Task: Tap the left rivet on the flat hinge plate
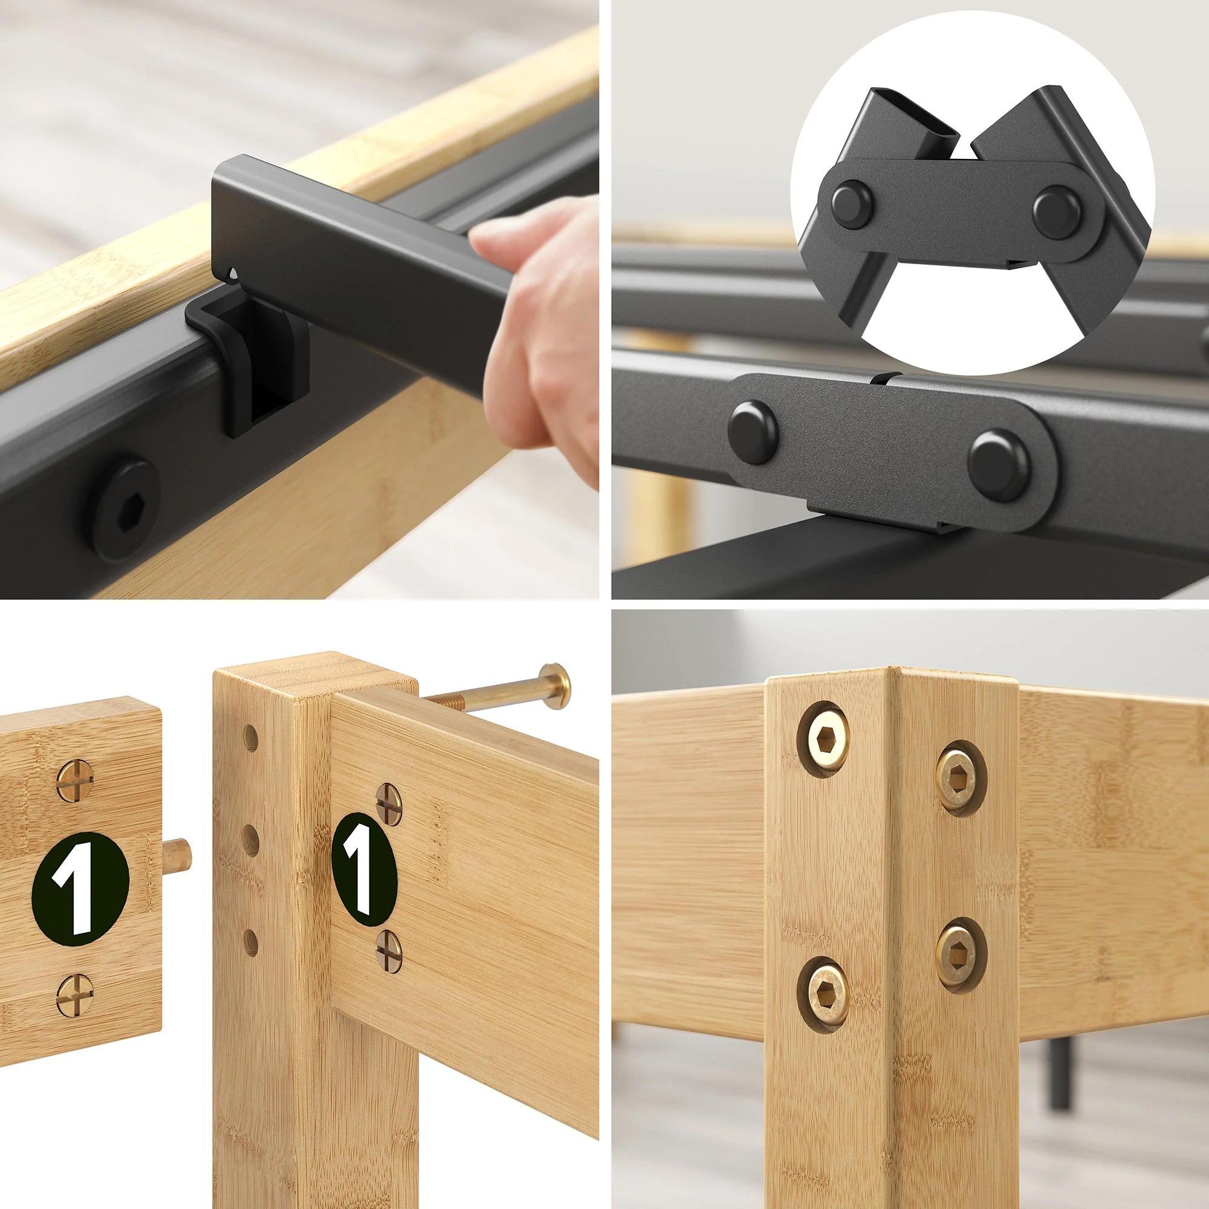[x=753, y=432]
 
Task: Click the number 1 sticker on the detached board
[x=81, y=889]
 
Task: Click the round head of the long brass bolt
[x=554, y=686]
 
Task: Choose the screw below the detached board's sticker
[x=75, y=994]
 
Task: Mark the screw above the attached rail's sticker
[x=389, y=804]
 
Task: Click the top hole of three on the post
[x=250, y=739]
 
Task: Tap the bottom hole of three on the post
[x=250, y=942]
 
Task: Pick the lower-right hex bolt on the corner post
[x=961, y=955]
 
